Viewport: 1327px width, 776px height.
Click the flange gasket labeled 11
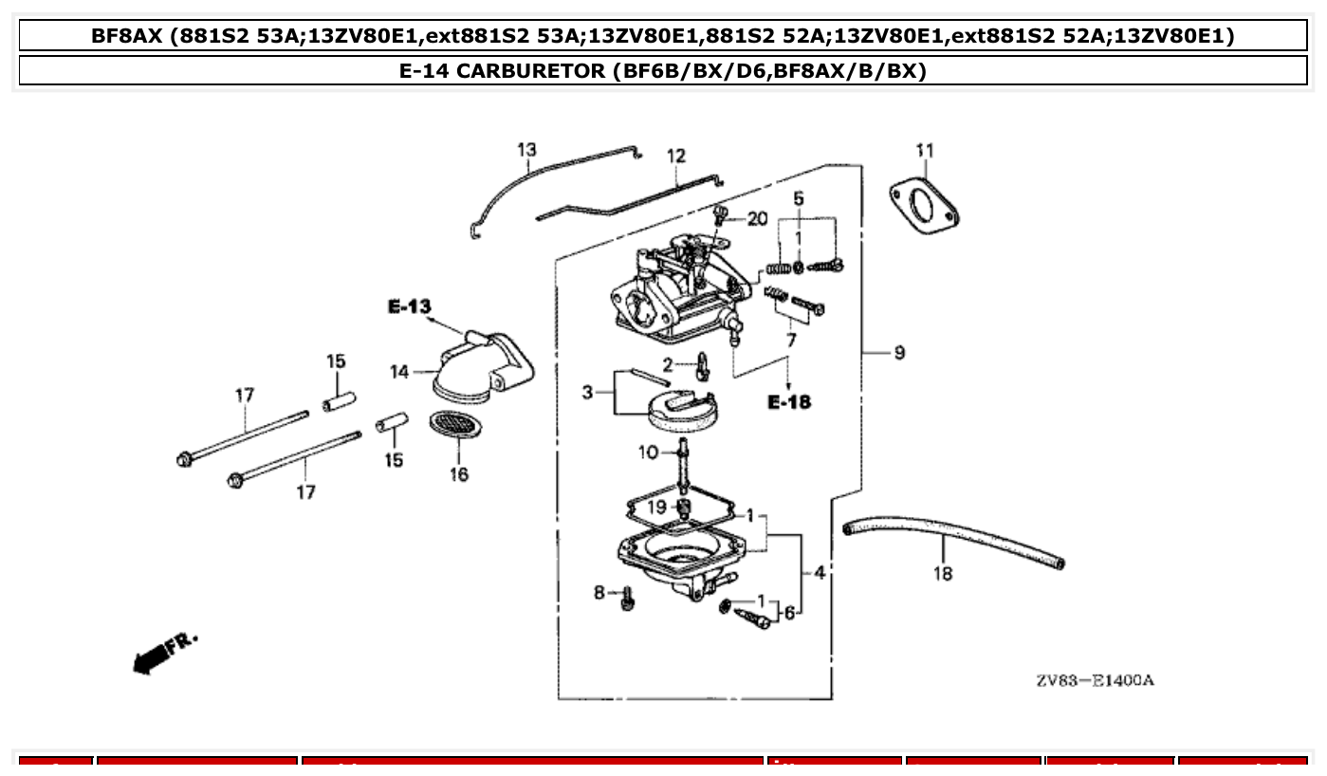coord(924,206)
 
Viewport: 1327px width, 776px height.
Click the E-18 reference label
coord(789,402)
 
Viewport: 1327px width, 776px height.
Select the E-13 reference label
coord(409,306)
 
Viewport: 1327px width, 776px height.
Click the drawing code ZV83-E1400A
coord(1095,680)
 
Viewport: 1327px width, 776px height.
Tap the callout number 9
coord(898,353)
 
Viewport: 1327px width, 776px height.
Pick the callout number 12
coord(675,157)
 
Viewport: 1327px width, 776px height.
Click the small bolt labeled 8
coord(626,600)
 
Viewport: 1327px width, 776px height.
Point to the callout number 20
coord(756,219)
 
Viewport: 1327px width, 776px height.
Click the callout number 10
coord(648,453)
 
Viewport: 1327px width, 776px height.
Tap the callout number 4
coord(819,572)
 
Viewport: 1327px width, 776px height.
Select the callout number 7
coord(790,339)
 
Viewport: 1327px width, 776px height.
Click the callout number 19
coord(657,507)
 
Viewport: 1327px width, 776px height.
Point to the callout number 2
coord(668,364)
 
